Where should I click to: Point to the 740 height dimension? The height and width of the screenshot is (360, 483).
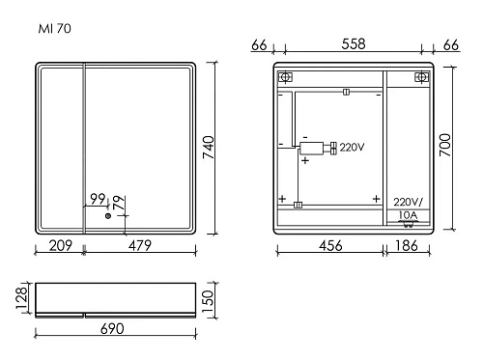[x=223, y=146]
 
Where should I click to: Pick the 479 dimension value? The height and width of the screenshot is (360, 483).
[x=143, y=246]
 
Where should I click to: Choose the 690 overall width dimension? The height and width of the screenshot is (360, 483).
[x=112, y=330]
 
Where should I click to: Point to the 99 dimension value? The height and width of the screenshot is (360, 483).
[x=98, y=199]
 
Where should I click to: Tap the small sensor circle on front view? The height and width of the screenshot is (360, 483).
[x=108, y=216]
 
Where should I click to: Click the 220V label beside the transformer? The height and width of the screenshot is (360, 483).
[x=352, y=148]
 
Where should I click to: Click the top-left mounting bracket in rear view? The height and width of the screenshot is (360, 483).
[x=284, y=77]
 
